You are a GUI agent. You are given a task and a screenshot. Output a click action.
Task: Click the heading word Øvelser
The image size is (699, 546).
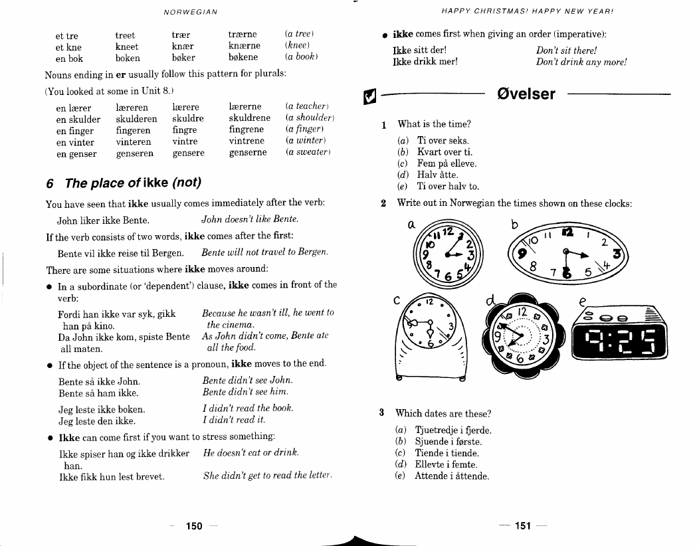click(x=526, y=94)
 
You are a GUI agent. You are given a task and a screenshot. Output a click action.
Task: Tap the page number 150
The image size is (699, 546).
click(x=194, y=526)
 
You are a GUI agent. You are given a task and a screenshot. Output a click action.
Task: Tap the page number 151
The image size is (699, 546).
click(x=523, y=526)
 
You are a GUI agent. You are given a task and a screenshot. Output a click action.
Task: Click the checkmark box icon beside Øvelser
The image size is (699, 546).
click(x=369, y=96)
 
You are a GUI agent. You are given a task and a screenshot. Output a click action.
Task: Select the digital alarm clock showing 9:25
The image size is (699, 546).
click(x=620, y=333)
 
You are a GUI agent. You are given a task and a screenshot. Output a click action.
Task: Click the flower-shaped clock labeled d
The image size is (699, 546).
click(x=522, y=335)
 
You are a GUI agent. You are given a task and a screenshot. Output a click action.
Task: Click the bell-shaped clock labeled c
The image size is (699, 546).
click(x=431, y=337)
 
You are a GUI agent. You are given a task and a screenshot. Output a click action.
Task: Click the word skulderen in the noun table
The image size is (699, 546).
click(x=136, y=119)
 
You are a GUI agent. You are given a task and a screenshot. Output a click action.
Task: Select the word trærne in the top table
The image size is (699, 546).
click(x=243, y=35)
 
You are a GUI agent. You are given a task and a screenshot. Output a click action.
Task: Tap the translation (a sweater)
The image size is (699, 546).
click(x=308, y=152)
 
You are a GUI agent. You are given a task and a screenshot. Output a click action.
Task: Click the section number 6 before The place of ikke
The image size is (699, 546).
click(x=50, y=183)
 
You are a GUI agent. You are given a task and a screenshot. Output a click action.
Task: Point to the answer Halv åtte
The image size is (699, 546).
click(x=437, y=175)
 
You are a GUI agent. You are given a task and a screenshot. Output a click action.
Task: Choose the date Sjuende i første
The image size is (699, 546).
click(x=448, y=442)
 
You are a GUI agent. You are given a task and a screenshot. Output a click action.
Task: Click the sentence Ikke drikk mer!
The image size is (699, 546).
click(x=425, y=62)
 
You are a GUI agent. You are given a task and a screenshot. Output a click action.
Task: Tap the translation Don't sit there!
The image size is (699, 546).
click(x=566, y=50)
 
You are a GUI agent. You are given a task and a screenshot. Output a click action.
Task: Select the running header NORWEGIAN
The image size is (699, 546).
click(x=191, y=12)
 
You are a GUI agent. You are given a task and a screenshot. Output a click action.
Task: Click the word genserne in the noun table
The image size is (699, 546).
click(x=248, y=152)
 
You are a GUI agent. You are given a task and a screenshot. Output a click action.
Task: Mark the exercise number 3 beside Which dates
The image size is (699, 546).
click(x=381, y=412)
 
